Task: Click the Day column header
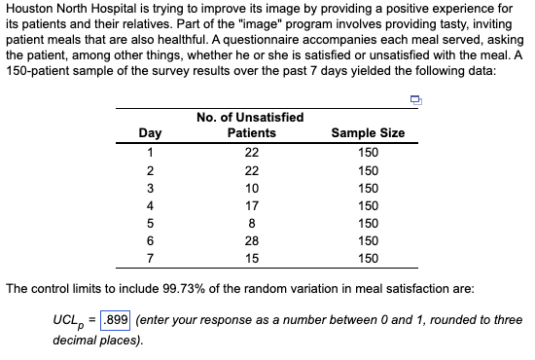pos(151,133)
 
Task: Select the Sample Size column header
pos(368,133)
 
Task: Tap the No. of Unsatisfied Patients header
pos(251,125)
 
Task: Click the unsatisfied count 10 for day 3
pos(251,188)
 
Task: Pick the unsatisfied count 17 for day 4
pos(251,205)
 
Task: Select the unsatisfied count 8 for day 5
pos(251,223)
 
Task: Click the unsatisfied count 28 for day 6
pos(251,240)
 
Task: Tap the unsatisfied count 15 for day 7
pos(251,258)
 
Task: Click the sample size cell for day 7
pos(368,258)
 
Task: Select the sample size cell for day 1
pos(368,153)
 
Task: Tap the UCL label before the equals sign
pos(72,321)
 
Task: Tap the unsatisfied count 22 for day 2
pos(251,170)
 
